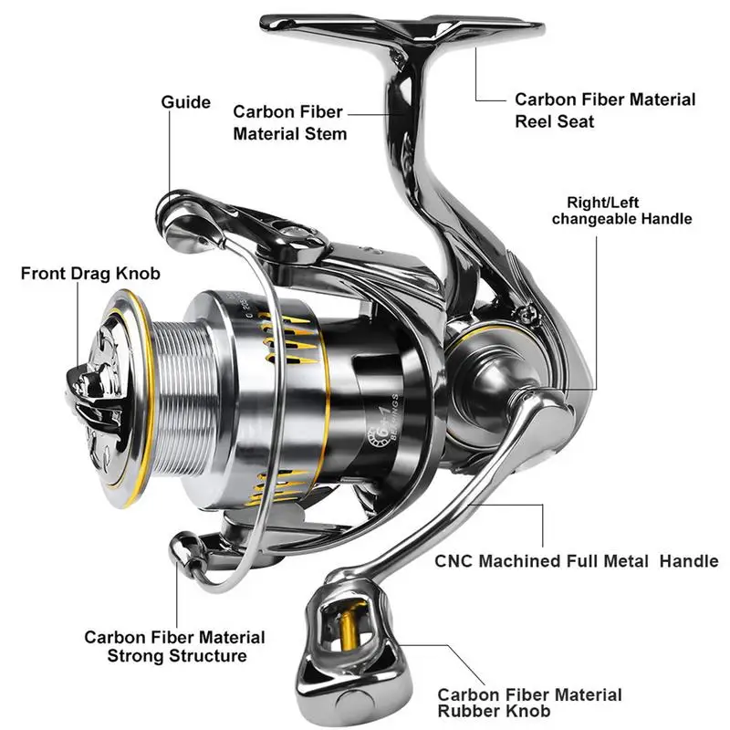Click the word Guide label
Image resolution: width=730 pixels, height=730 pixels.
[x=186, y=103]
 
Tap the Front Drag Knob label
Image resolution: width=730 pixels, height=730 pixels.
[x=90, y=273]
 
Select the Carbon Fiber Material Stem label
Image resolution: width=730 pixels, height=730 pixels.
[x=289, y=122]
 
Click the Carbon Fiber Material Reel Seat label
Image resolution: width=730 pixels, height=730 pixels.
[x=605, y=109]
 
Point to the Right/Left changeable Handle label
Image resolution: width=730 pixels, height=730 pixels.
[x=621, y=210]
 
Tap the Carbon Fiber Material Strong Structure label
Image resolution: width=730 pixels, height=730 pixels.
[x=175, y=646]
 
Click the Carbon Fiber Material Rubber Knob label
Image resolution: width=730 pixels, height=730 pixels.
[x=530, y=704]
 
